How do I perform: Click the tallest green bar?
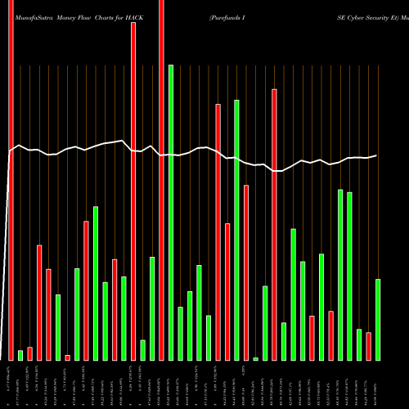pos(171,213)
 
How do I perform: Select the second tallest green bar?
pos(236,230)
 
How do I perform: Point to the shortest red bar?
pos(67,357)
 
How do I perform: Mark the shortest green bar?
pos(255,358)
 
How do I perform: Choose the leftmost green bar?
pos(20,355)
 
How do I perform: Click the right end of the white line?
pos(377,155)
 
